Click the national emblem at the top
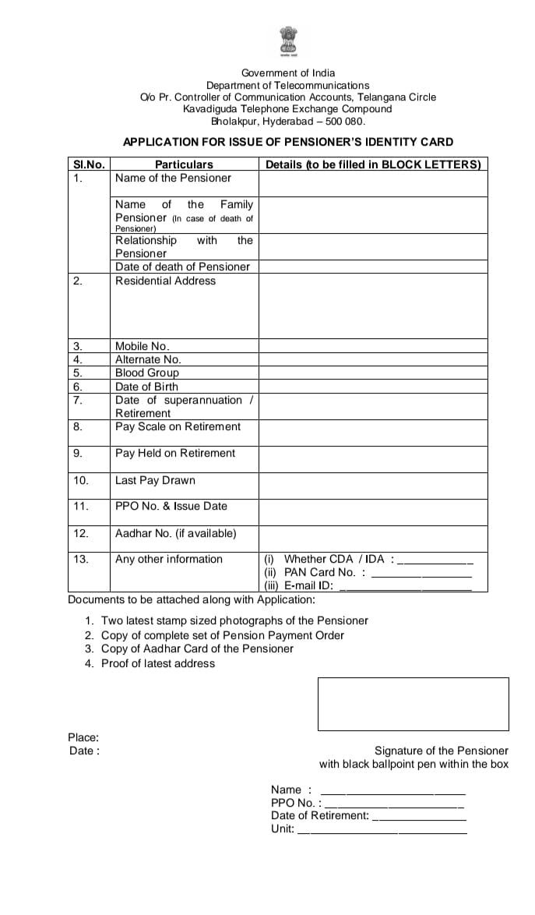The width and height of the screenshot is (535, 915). point(287,42)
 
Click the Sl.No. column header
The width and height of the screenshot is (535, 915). point(89,164)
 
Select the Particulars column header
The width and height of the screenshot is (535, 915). point(184,164)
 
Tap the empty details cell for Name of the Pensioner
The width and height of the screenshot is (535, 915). point(372,183)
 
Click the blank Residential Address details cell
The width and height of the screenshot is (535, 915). point(372,306)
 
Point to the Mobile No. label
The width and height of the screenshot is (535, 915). point(143,346)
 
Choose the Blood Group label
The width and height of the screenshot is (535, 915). point(147,373)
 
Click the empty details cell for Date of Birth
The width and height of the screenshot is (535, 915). point(372,387)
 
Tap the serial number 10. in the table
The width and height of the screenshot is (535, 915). point(81,480)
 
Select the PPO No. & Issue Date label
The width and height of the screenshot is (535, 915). point(171,506)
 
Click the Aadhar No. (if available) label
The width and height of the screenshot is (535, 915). point(176,533)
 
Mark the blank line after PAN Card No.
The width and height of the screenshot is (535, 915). point(421,574)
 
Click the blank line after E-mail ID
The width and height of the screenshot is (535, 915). point(406,588)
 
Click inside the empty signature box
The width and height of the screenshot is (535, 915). point(413,703)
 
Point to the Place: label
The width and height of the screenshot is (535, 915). point(83,737)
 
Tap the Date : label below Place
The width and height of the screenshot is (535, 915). point(84,751)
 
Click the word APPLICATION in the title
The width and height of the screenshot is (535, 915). point(160,142)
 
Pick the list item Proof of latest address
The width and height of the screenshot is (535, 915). point(158,663)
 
